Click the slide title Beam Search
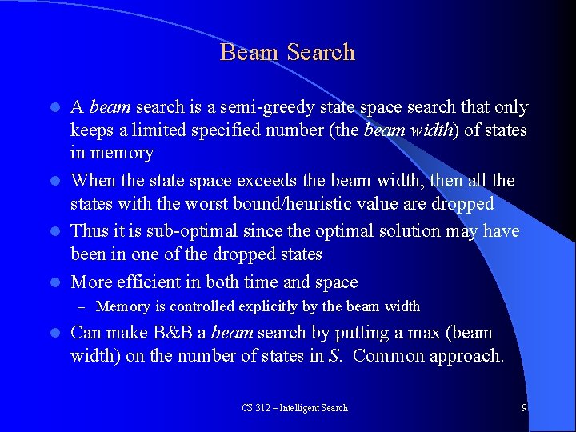coord(287,53)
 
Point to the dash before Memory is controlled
coord(82,306)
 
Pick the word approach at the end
coord(466,356)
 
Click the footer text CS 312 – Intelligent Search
coord(294,408)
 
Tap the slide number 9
coord(524,407)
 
